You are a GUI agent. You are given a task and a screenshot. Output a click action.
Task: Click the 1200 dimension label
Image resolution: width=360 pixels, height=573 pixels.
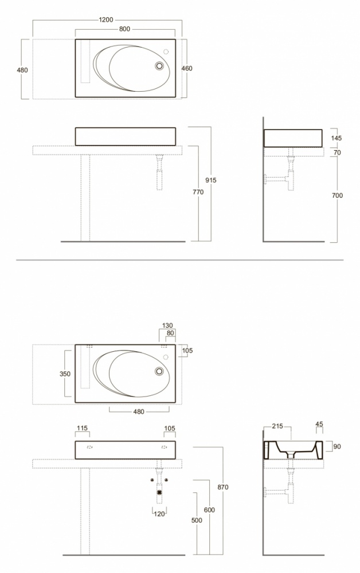(106, 19)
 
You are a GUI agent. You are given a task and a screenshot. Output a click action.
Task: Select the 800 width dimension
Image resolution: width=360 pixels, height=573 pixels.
(124, 29)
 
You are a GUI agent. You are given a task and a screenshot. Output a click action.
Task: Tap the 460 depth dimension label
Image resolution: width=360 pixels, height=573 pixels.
(187, 68)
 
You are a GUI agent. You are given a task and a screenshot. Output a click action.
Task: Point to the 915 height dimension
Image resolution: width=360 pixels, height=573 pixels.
(211, 180)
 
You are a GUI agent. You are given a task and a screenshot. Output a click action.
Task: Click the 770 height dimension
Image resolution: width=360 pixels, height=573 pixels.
(198, 192)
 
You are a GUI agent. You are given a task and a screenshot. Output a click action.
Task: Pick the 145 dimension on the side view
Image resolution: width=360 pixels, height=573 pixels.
(336, 138)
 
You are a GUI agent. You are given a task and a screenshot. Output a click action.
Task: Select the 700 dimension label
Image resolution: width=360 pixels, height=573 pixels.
(337, 195)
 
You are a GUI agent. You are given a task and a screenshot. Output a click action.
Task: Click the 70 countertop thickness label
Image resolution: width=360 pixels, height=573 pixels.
(337, 152)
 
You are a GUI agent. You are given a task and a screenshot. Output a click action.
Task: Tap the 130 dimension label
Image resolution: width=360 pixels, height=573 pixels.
(167, 325)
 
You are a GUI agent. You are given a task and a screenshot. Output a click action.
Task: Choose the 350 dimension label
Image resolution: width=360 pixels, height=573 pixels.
(65, 374)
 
